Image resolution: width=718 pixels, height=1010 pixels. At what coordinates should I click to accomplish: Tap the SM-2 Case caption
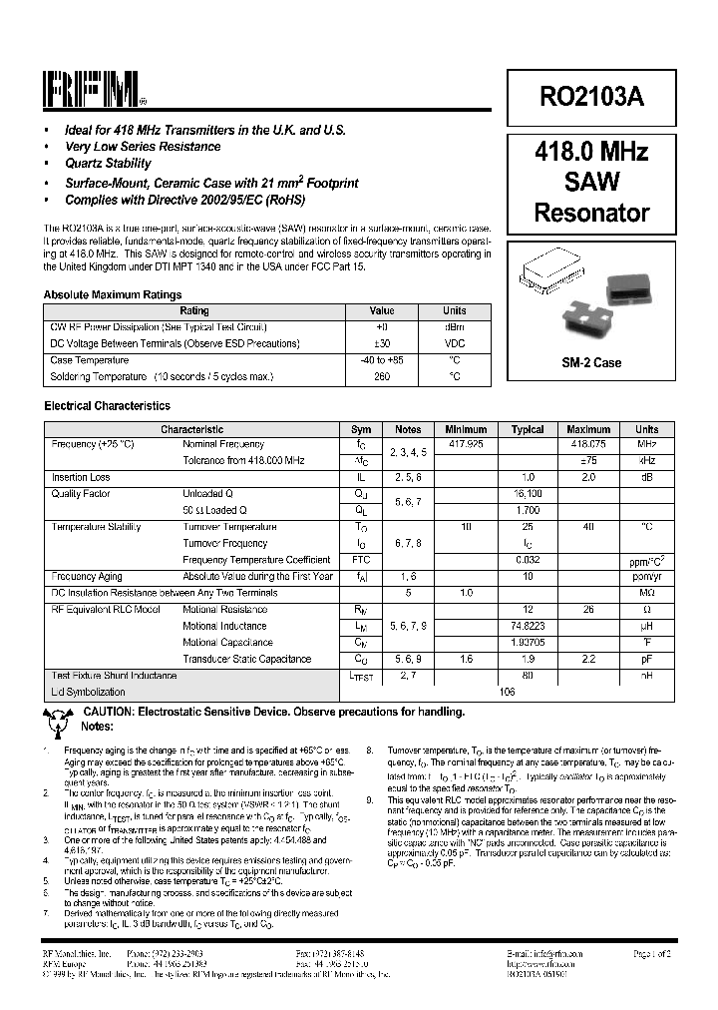pos(591,362)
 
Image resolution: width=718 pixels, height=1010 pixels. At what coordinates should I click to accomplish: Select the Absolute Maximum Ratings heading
pos(113,295)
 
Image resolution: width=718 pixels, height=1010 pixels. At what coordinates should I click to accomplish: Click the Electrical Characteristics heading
pos(107,406)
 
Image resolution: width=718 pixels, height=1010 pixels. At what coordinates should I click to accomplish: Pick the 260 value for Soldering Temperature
pos(382,376)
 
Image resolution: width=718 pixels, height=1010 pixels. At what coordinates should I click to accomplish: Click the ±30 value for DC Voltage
pos(382,343)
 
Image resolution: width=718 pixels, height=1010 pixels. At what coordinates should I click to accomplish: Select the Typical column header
pos(528,429)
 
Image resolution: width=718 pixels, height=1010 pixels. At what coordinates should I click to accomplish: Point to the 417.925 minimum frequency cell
pos(466,443)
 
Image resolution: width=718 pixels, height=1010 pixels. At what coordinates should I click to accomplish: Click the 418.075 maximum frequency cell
pos(588,443)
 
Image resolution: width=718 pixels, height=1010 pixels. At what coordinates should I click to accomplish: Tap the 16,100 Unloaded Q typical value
pos(528,493)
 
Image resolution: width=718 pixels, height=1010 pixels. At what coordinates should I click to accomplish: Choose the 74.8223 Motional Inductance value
pos(528,626)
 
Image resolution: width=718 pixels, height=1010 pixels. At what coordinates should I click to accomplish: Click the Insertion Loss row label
pos(81,477)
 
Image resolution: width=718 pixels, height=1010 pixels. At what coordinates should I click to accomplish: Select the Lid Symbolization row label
pos(88,692)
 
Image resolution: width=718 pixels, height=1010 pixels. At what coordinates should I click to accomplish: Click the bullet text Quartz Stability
pos(108,164)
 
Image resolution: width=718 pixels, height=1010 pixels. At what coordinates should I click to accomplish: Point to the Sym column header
pos(361,429)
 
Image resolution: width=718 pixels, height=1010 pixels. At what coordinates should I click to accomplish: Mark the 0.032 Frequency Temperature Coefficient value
pos(528,560)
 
